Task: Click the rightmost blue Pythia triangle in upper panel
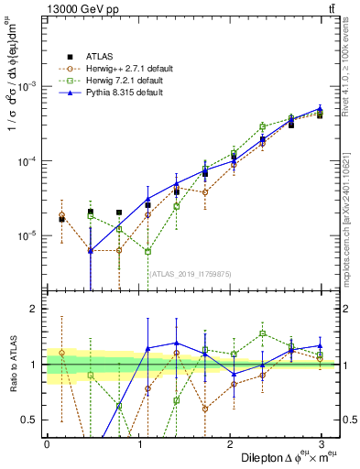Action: (x=320, y=108)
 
